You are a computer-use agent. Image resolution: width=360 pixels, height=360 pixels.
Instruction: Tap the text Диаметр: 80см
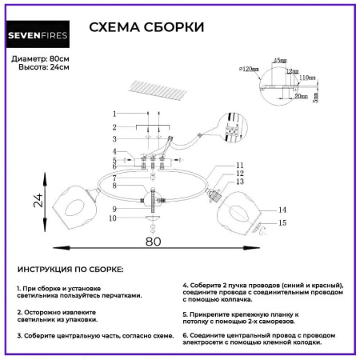click(40, 59)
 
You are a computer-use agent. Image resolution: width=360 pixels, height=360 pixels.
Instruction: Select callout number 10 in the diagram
click(113, 218)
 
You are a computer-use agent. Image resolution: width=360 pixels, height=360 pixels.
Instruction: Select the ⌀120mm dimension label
click(251, 70)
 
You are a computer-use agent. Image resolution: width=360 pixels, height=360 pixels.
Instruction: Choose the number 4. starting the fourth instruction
click(186, 285)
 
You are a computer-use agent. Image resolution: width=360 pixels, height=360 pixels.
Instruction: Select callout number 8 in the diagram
click(115, 186)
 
